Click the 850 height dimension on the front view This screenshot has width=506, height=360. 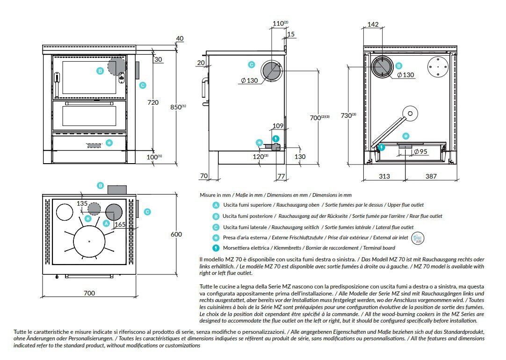[176, 107]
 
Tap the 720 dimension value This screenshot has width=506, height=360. [153, 102]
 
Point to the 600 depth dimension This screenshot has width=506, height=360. [176, 234]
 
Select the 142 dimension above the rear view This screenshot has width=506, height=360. [373, 25]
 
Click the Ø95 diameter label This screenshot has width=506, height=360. [420, 151]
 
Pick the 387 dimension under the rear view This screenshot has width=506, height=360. [431, 176]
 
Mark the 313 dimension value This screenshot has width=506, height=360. [384, 176]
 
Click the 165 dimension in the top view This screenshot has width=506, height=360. [120, 225]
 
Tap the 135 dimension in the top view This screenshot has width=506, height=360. [82, 203]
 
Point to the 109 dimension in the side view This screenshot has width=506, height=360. [278, 126]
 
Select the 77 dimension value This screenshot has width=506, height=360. [281, 176]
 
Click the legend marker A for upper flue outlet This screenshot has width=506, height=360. [216, 205]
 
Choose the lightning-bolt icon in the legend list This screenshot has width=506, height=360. [216, 248]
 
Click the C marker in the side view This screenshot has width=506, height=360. [251, 65]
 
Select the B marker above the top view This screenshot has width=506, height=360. [101, 186]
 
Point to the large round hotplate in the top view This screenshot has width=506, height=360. [89, 241]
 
